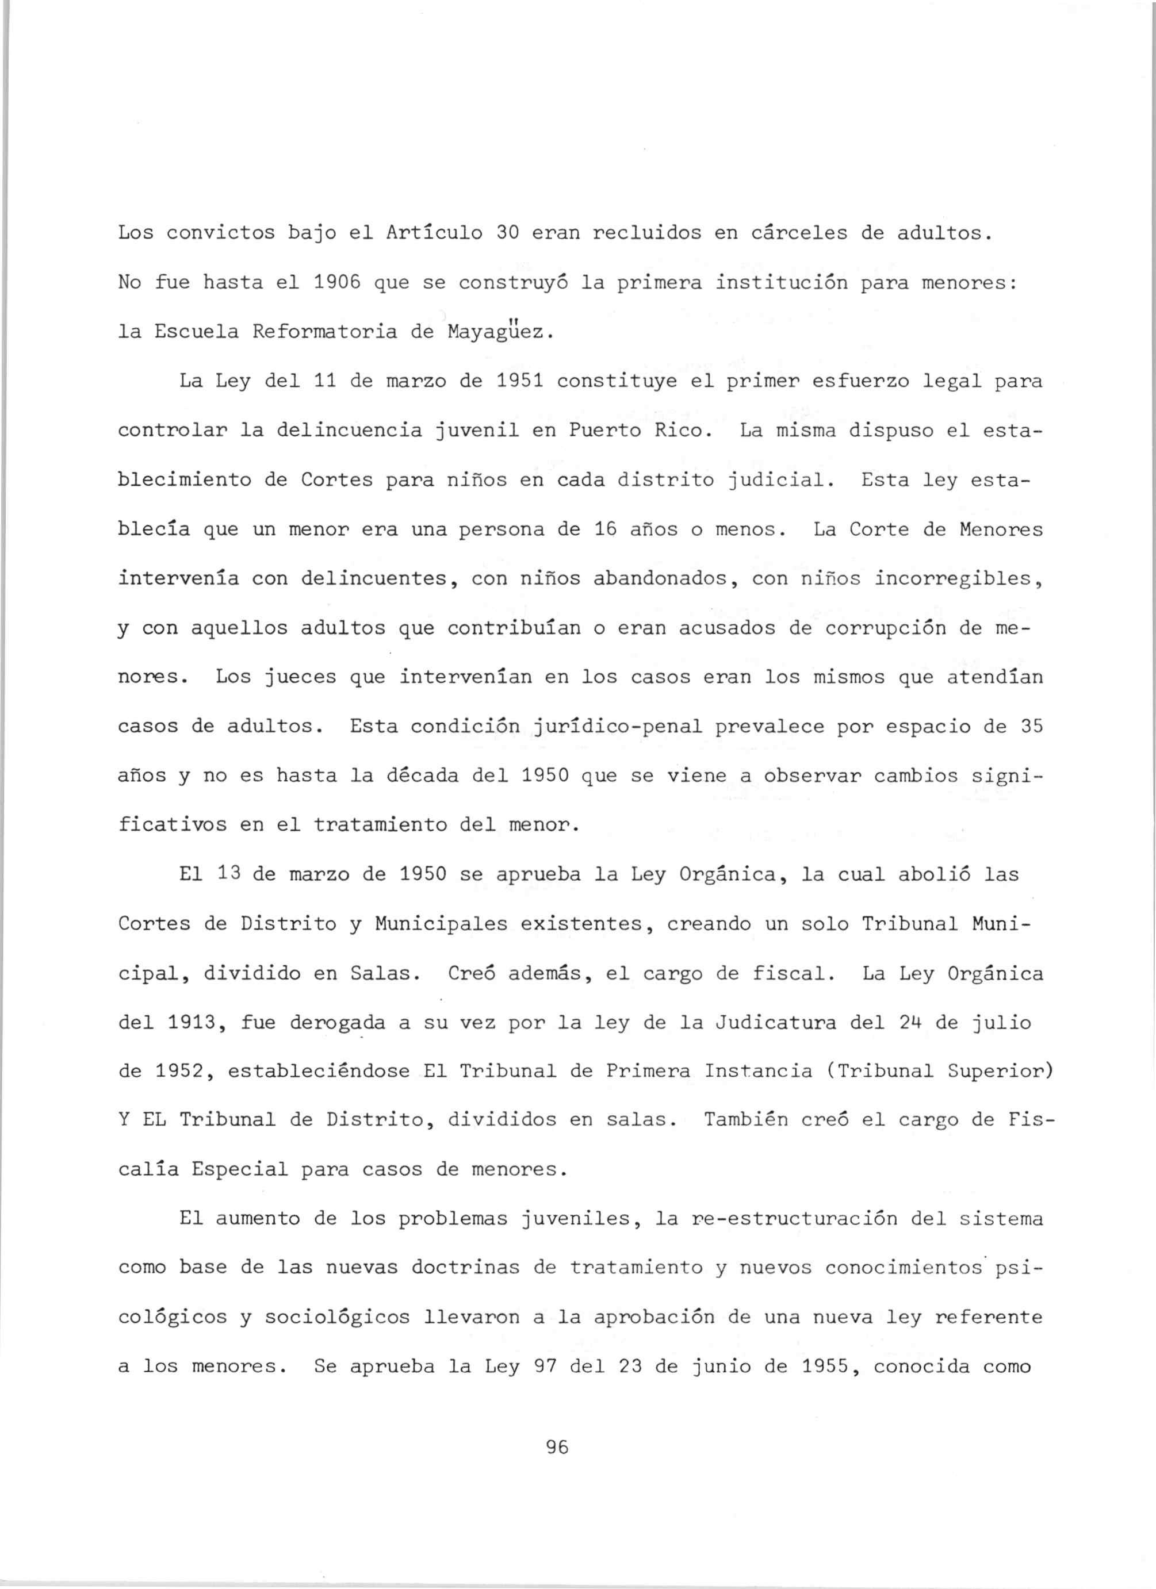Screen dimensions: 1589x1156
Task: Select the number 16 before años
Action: (605, 529)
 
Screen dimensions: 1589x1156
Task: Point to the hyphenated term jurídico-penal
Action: (618, 727)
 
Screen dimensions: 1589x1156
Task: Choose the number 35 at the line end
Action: (1031, 727)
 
